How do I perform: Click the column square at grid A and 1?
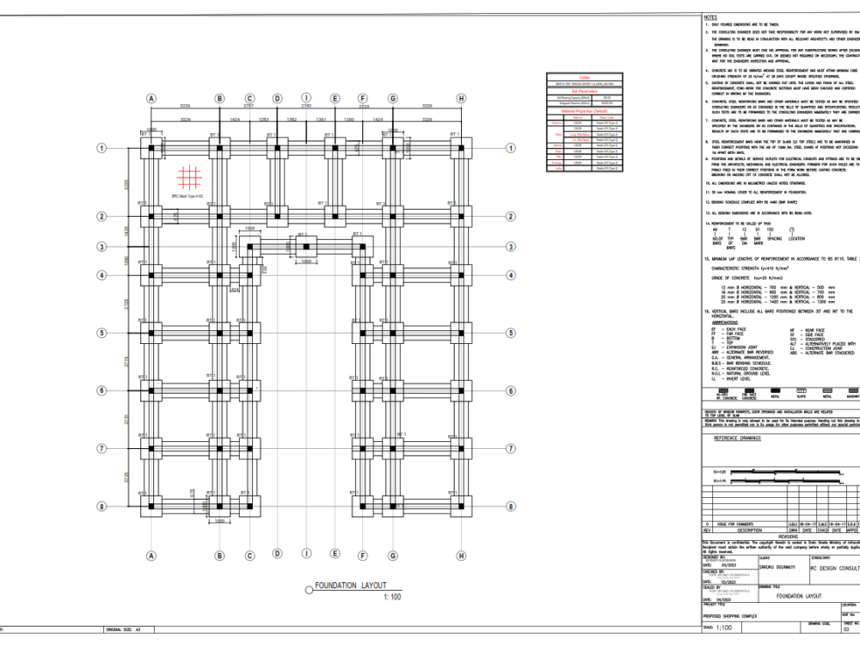[x=152, y=147]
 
